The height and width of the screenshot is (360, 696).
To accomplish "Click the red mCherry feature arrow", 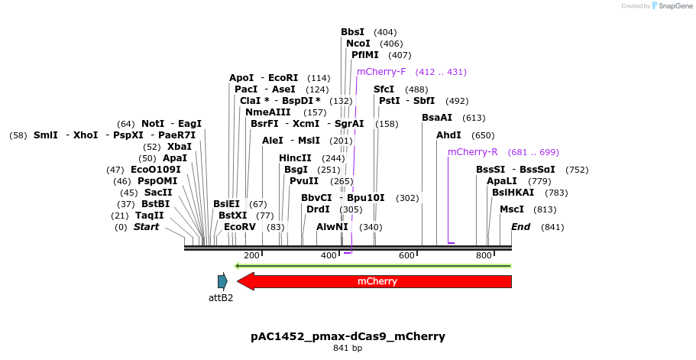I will (x=377, y=281).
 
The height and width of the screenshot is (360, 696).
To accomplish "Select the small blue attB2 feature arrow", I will (x=222, y=281).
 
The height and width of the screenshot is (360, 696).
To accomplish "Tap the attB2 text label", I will (x=221, y=298).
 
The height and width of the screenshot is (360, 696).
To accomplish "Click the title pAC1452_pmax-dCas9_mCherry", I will (x=348, y=336).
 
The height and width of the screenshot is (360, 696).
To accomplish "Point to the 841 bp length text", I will (x=348, y=349).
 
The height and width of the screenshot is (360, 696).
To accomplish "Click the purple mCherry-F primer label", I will (x=381, y=72).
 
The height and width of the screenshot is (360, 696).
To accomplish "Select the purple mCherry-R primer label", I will (x=473, y=152).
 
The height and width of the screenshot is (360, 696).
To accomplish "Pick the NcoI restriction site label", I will (x=358, y=44).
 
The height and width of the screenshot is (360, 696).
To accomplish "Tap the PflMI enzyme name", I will (x=364, y=55).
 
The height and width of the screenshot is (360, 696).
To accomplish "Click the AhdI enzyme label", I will (x=448, y=135).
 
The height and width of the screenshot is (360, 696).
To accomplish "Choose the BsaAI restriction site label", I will (x=437, y=118).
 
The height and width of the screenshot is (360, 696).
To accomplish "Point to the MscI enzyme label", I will (x=512, y=209).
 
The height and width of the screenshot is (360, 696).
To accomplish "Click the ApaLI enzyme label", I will (x=502, y=181).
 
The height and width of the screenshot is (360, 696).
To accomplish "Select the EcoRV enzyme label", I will (x=239, y=227).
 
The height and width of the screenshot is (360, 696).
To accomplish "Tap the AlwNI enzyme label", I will (x=332, y=227).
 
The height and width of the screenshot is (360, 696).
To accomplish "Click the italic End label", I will (x=520, y=227).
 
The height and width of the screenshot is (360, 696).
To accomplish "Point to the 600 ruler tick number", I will (x=406, y=255).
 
